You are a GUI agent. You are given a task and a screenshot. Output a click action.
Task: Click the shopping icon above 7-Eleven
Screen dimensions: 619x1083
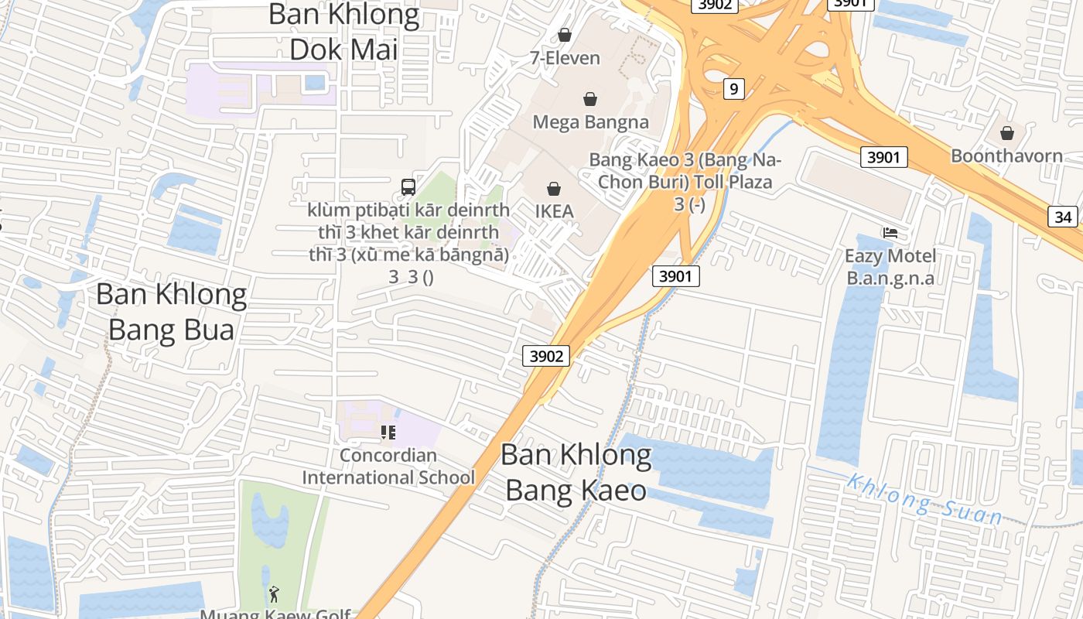pos(565,35)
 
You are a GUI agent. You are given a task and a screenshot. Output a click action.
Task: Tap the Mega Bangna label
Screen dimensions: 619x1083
pos(590,121)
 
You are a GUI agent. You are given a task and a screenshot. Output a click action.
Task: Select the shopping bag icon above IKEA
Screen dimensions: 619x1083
pos(554,188)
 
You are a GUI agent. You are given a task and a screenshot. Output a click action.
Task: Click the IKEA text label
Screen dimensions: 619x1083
pos(554,210)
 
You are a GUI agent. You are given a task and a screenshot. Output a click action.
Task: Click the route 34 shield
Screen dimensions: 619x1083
pos(1063,217)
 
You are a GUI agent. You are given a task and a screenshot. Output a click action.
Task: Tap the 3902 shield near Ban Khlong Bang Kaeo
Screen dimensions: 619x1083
pos(546,356)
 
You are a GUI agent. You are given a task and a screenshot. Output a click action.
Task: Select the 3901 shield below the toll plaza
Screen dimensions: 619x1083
pos(675,275)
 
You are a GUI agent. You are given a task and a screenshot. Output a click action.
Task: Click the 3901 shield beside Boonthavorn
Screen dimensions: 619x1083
pos(883,157)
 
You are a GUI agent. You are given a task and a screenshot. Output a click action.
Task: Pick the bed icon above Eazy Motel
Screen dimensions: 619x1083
pos(890,232)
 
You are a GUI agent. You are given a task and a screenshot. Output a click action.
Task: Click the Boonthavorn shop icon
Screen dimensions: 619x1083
pos(1006,133)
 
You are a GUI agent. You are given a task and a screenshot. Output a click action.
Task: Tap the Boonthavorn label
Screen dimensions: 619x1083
pos(1006,156)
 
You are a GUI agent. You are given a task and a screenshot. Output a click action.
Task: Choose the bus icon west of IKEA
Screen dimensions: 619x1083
pos(408,186)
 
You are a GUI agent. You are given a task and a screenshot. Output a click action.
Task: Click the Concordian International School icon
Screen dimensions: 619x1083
pos(388,433)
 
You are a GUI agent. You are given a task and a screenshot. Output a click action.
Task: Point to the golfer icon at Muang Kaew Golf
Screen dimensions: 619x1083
pos(274,594)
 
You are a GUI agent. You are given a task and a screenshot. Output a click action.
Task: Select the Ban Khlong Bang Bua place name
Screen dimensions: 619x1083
pos(171,311)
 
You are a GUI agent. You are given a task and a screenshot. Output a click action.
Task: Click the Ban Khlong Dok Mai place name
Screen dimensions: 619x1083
pos(343,32)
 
